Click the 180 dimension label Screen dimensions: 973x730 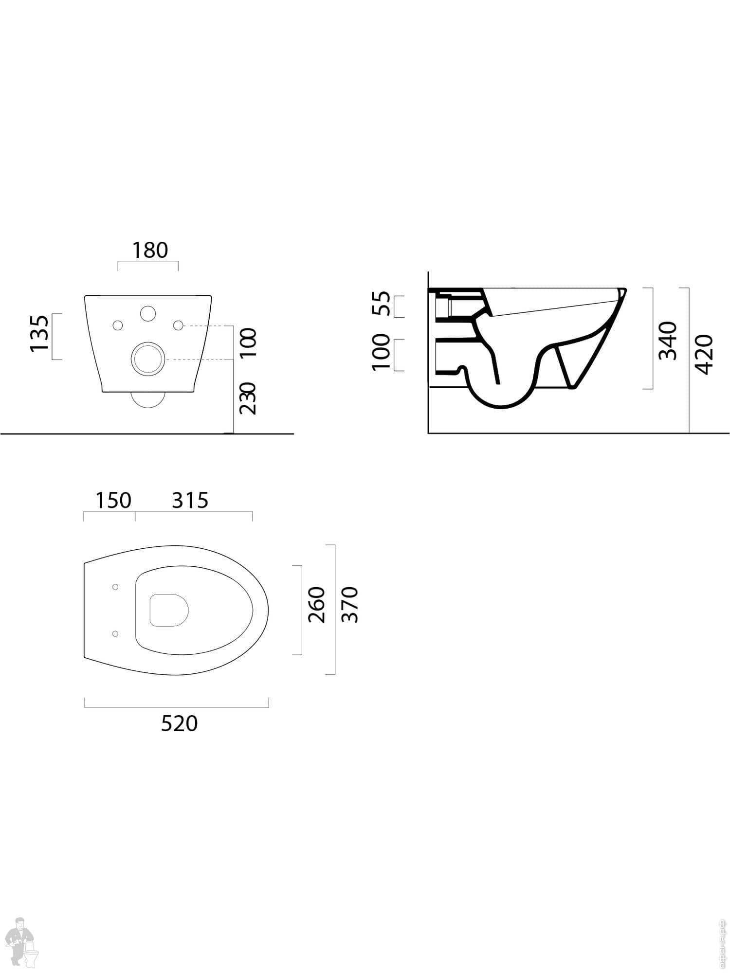[150, 250]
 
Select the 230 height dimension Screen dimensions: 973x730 [248, 398]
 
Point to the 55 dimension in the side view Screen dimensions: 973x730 [382, 304]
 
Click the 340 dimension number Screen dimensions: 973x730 [668, 341]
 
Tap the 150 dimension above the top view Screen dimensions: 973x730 [113, 500]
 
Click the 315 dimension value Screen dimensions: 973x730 [190, 500]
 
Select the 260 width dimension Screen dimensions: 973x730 [317, 605]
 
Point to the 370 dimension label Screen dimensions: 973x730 [350, 605]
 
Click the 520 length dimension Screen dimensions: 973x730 [180, 724]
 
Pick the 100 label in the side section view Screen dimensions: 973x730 [382, 352]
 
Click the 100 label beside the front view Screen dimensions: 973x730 [248, 342]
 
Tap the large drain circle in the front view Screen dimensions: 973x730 [146, 359]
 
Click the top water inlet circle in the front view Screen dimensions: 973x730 [147, 313]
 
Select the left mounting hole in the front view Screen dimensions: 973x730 [118, 325]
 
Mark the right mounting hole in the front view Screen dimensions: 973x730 [178, 324]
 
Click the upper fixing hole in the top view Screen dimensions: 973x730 [115, 587]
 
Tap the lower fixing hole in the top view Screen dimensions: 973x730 [115, 633]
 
